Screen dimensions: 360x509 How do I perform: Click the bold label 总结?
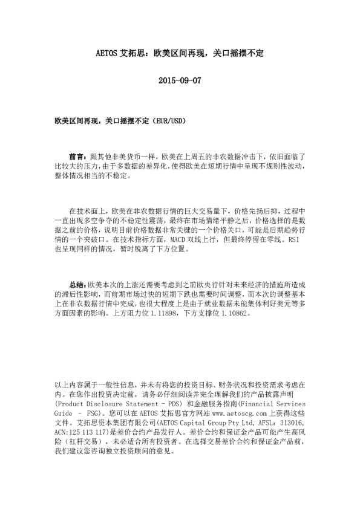pos(78,284)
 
